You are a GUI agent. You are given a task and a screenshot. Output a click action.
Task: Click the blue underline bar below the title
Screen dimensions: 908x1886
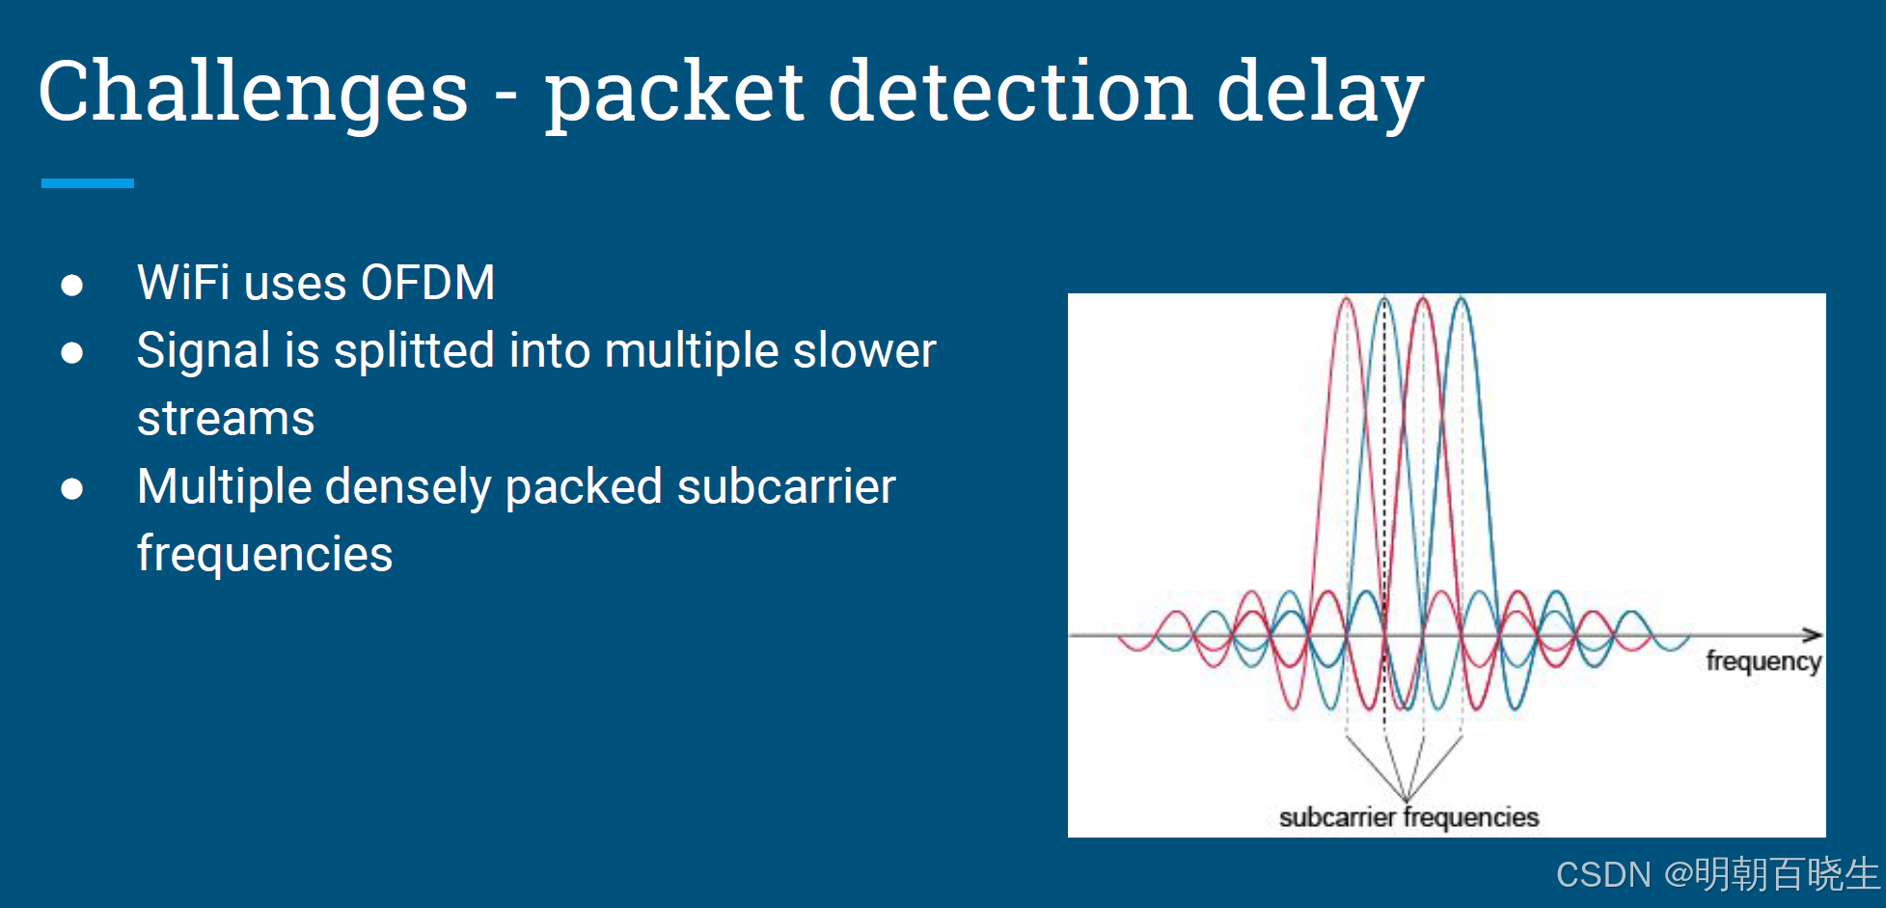[x=87, y=182]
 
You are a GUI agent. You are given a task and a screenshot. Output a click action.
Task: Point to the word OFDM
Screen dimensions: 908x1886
[x=427, y=284]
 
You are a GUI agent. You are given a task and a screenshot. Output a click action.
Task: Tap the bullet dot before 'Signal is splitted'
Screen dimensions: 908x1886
[x=71, y=353]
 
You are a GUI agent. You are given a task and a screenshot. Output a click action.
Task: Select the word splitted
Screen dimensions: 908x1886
[x=414, y=350]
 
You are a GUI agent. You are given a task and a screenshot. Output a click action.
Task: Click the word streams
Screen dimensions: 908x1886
[x=226, y=419]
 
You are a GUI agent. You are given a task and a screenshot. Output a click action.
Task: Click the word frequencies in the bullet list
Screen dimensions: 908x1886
[x=264, y=554]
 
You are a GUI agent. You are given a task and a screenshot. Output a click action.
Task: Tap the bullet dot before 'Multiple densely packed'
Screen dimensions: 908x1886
[x=71, y=489]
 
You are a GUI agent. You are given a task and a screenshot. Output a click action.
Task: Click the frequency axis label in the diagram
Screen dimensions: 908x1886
[x=1763, y=661]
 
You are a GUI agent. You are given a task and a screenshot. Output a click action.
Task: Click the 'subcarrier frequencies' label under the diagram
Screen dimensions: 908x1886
[x=1408, y=817]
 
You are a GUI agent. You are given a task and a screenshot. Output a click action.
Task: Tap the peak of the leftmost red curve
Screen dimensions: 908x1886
[x=1347, y=301]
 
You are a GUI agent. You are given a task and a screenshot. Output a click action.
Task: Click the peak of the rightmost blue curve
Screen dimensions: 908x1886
[x=1462, y=301]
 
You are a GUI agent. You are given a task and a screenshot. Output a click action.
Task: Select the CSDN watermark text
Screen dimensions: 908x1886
[x=1717, y=874]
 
